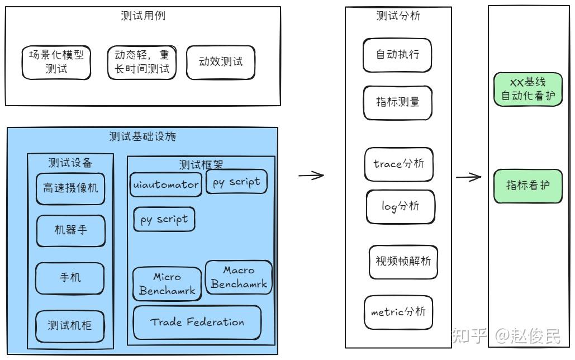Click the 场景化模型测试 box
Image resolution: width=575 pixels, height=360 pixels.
56,62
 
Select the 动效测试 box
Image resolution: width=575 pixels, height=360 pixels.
221,62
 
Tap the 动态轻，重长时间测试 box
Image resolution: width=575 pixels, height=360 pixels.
141,62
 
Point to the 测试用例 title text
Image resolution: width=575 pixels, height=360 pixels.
143,16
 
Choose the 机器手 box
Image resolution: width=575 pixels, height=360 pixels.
70,230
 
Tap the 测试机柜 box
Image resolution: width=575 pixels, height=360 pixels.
70,326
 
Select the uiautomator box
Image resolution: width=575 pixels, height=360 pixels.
165,184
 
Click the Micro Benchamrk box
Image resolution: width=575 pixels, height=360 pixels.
167,284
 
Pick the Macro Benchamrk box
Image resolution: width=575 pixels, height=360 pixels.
239,277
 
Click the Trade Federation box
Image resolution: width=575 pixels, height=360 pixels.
197,322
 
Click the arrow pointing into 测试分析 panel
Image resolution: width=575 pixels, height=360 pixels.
311,176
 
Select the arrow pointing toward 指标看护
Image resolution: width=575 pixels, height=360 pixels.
468,178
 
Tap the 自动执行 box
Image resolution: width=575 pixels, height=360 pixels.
397,55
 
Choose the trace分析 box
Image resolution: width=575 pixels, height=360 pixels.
398,164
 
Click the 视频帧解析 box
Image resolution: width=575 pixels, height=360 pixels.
403,262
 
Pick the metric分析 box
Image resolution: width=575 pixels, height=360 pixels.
398,312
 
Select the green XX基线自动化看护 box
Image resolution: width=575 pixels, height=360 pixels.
528,89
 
